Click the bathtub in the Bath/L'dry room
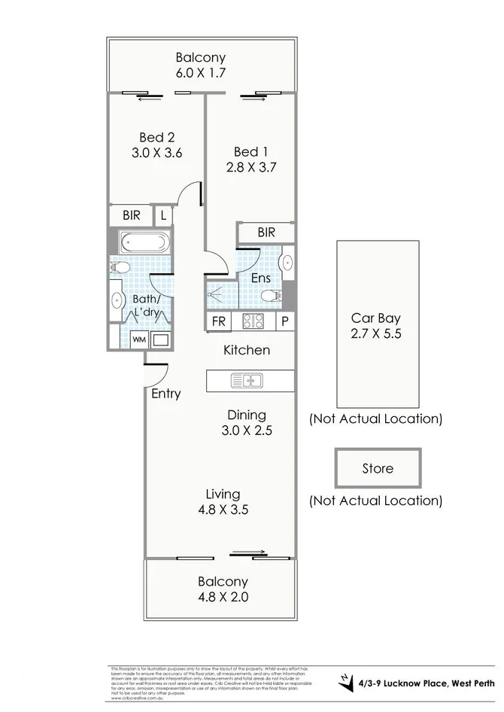click(145, 243)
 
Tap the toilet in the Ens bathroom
click(275, 295)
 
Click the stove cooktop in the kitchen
click(253, 321)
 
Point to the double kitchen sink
click(246, 381)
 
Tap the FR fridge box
click(219, 321)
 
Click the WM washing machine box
click(139, 339)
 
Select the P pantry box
click(285, 321)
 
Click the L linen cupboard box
click(164, 215)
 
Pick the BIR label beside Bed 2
click(131, 215)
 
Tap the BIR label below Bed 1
click(266, 233)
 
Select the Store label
click(378, 468)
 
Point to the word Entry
click(166, 394)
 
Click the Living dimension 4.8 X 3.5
click(223, 510)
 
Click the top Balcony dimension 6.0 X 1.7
click(201, 73)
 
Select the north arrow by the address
click(345, 681)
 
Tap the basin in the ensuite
click(287, 263)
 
